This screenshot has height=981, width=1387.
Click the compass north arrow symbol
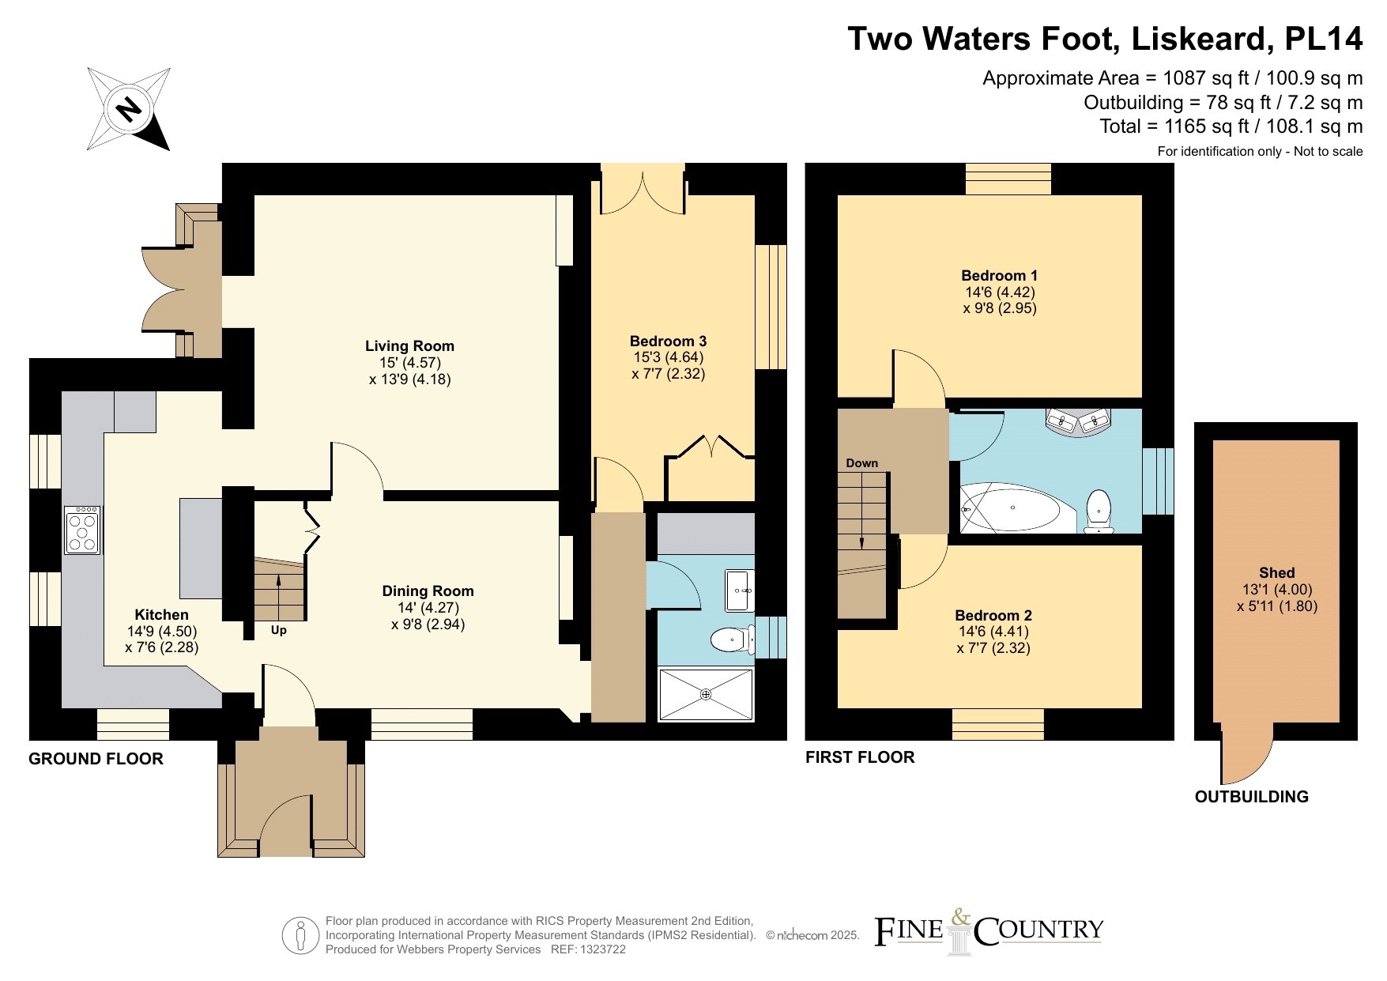click(129, 108)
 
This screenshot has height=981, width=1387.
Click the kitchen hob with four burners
click(82, 530)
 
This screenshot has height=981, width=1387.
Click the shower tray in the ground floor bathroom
click(706, 694)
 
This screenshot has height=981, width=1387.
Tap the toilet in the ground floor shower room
click(734, 640)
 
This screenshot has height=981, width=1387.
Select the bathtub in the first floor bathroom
click(1017, 507)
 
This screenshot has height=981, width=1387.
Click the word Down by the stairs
click(861, 463)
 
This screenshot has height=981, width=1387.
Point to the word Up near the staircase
click(278, 630)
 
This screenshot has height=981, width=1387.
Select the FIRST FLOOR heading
click(860, 757)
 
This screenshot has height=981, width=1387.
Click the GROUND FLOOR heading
click(96, 759)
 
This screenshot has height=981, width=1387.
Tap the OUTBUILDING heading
click(1252, 797)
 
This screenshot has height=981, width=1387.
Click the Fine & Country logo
click(989, 931)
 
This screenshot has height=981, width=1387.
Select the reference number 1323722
click(602, 949)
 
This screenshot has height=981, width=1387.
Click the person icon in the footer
click(300, 935)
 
